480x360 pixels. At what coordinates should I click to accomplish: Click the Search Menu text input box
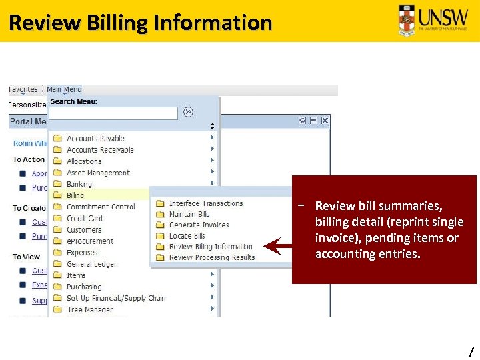coord(113,113)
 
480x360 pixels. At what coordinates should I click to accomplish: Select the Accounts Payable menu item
coord(95,139)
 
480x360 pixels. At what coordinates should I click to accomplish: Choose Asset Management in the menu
coord(98,173)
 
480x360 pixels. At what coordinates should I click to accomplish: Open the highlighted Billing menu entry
coord(75,195)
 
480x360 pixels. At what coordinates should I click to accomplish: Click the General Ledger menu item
coord(91,264)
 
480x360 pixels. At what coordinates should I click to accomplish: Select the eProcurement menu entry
coord(90,241)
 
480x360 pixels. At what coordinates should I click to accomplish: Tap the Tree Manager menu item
coord(89,309)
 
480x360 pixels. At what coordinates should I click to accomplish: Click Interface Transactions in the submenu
coord(205,203)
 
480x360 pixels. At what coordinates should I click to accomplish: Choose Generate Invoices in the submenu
coord(199,225)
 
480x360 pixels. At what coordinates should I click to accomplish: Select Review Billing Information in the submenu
coord(211,247)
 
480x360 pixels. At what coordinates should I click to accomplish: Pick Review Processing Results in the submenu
coord(211,257)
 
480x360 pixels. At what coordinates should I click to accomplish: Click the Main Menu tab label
coord(64,89)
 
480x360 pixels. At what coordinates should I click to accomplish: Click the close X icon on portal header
coord(325,121)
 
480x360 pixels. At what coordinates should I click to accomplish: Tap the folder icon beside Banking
coord(57,184)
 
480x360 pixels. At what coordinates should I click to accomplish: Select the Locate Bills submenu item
coord(187,236)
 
